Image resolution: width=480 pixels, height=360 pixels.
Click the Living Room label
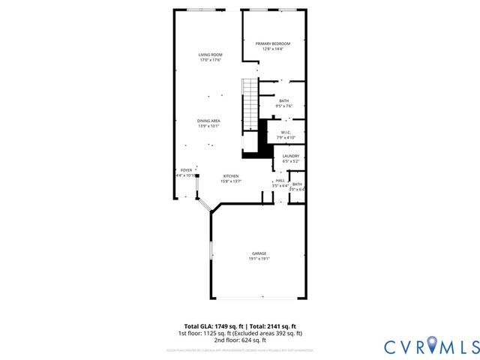211,55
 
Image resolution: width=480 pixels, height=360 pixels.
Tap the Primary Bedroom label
272,43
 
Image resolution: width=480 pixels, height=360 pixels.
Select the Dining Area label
208,121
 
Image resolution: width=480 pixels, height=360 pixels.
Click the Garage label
259,253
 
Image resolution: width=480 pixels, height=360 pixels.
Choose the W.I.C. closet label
286,133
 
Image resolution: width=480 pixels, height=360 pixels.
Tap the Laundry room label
291,156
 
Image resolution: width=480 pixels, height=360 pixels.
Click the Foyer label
186,170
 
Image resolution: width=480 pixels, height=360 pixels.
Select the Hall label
280,180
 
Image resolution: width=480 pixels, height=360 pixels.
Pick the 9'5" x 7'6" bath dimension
283,106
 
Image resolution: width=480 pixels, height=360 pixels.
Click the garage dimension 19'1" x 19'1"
259,259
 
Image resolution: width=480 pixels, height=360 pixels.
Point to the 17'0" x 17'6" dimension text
211,60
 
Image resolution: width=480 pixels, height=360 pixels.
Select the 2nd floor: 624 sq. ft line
240,339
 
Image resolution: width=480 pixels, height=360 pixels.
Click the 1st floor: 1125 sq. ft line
240,333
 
